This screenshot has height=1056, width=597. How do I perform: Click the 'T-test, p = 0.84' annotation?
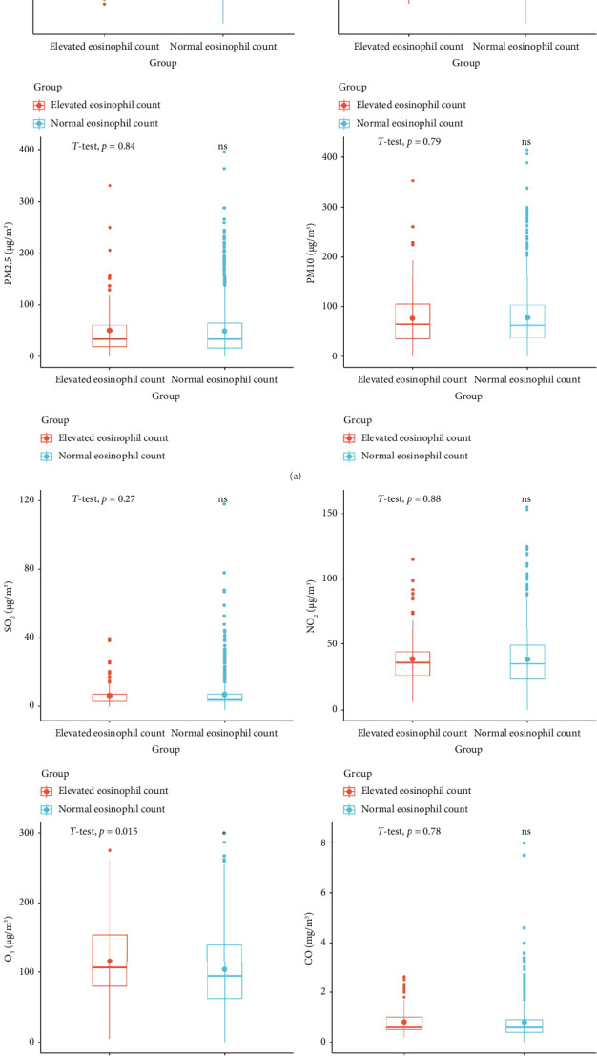(104, 146)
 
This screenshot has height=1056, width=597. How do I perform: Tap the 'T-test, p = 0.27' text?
(104, 498)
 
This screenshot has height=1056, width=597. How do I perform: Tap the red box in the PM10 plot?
(412, 321)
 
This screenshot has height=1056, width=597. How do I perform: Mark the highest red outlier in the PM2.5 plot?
(109, 186)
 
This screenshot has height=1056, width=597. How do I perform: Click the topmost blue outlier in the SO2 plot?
(224, 504)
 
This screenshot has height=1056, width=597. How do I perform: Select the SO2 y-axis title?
(10, 600)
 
